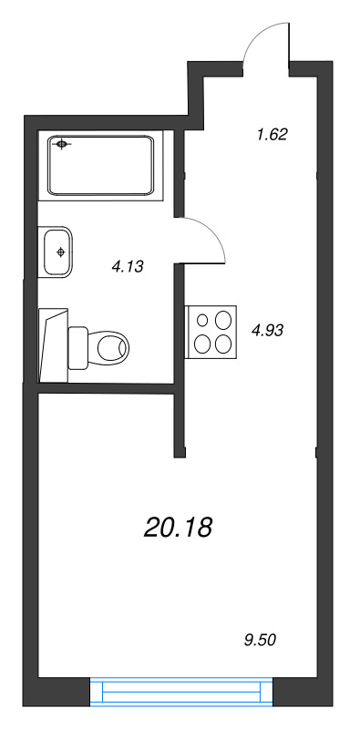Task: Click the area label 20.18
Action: [x=178, y=528]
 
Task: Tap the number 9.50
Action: [x=260, y=641]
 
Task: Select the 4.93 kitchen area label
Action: [x=267, y=331]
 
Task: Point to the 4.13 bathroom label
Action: [x=127, y=266]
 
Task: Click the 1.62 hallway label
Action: [x=273, y=135]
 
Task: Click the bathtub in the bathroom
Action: [x=100, y=166]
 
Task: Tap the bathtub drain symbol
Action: [x=61, y=144]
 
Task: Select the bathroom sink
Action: [x=56, y=252]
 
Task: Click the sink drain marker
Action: [x=59, y=252]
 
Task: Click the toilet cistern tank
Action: [x=77, y=348]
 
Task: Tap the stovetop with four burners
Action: [x=211, y=332]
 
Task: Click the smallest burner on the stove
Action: [x=202, y=320]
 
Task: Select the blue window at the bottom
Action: [x=181, y=692]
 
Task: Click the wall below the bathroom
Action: [x=106, y=388]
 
